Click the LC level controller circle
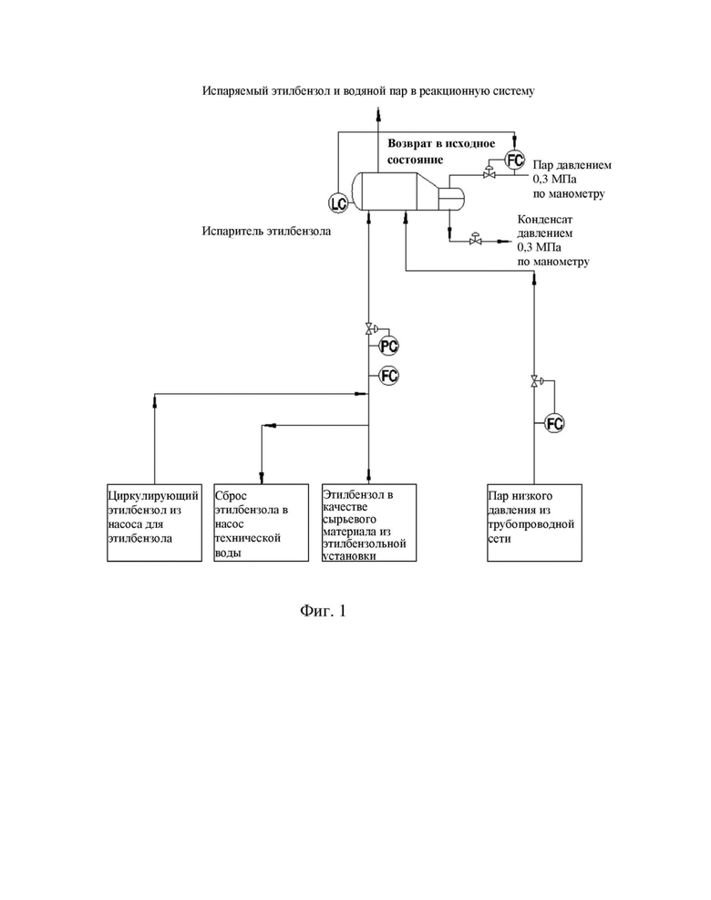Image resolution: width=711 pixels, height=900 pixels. pos(337,202)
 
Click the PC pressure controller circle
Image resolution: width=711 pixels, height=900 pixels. pos(389,347)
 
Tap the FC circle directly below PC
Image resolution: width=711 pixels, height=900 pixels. pos(389,376)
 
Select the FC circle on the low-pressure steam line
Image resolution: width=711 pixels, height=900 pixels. pos(554,424)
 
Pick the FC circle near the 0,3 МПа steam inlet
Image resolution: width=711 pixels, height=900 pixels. pos(515,160)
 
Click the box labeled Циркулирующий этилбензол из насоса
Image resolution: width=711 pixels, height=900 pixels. pos(154,522)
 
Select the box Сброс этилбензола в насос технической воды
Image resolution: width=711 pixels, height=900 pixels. pos(261,522)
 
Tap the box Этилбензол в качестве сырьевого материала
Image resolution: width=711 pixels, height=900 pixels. pos(369,522)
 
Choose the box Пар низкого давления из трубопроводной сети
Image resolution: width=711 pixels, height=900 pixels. pos(534,522)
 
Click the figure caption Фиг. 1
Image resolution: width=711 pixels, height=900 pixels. pos(323,610)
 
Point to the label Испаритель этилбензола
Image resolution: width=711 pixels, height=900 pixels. pos(266,232)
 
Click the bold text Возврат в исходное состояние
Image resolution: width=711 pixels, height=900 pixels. pos(440,151)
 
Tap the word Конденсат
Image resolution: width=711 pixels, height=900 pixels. pos(544,219)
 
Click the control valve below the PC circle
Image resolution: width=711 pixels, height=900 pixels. pos(370,329)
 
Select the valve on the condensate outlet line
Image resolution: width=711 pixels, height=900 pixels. pos(475,239)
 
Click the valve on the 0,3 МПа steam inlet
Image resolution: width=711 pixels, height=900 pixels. pos(489,172)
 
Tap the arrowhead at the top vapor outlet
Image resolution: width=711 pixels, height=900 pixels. pos(378,114)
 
